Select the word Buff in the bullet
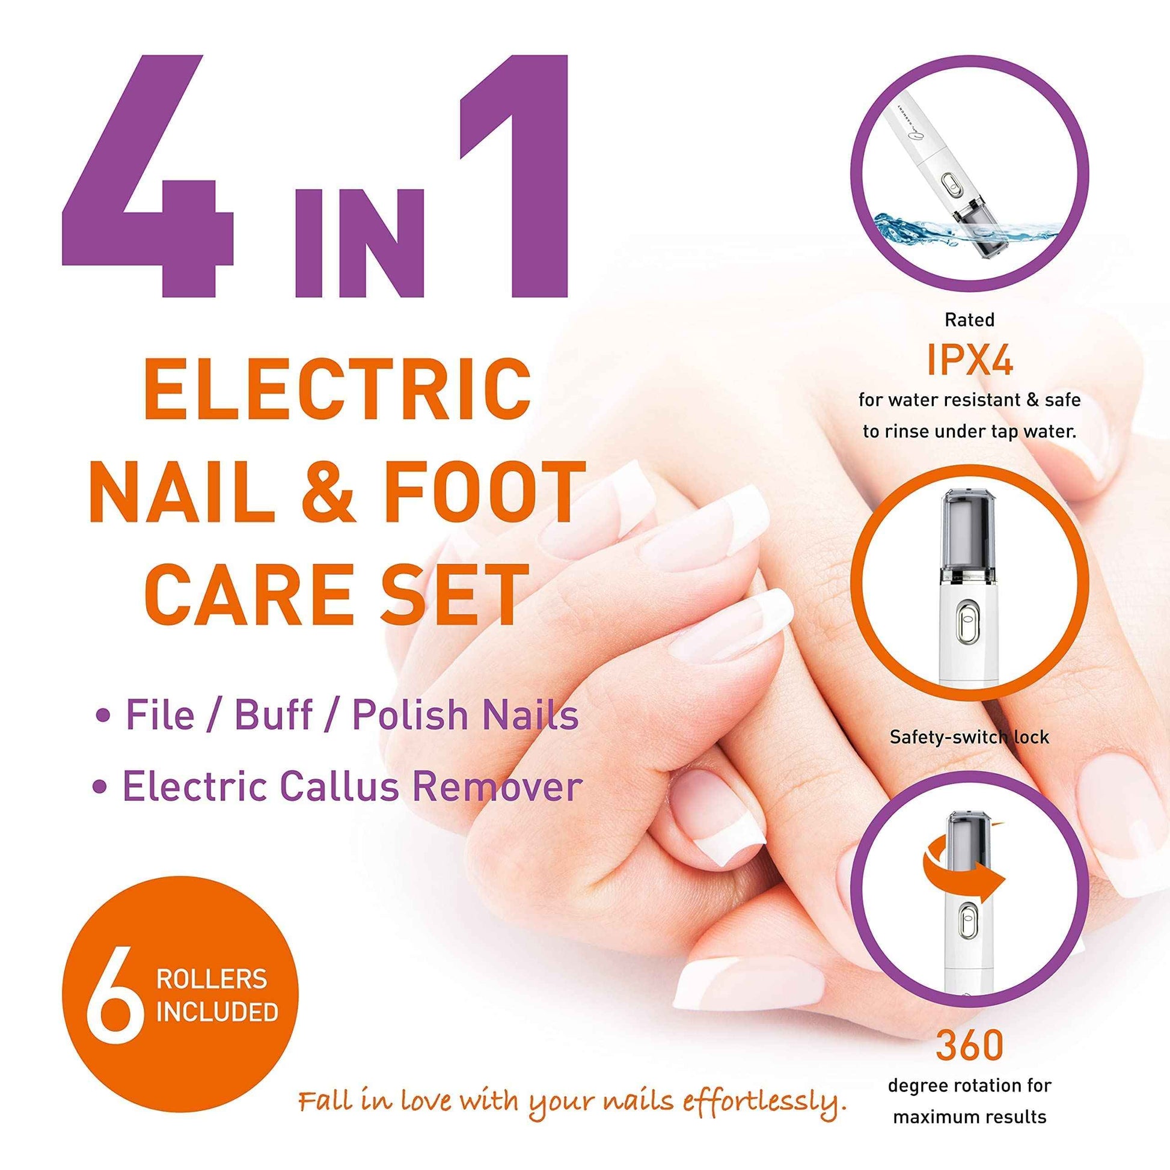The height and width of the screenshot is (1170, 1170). pyautogui.click(x=273, y=715)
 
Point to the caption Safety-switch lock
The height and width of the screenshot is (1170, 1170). pyautogui.click(x=969, y=737)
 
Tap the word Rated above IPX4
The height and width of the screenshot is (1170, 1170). pyautogui.click(x=970, y=320)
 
